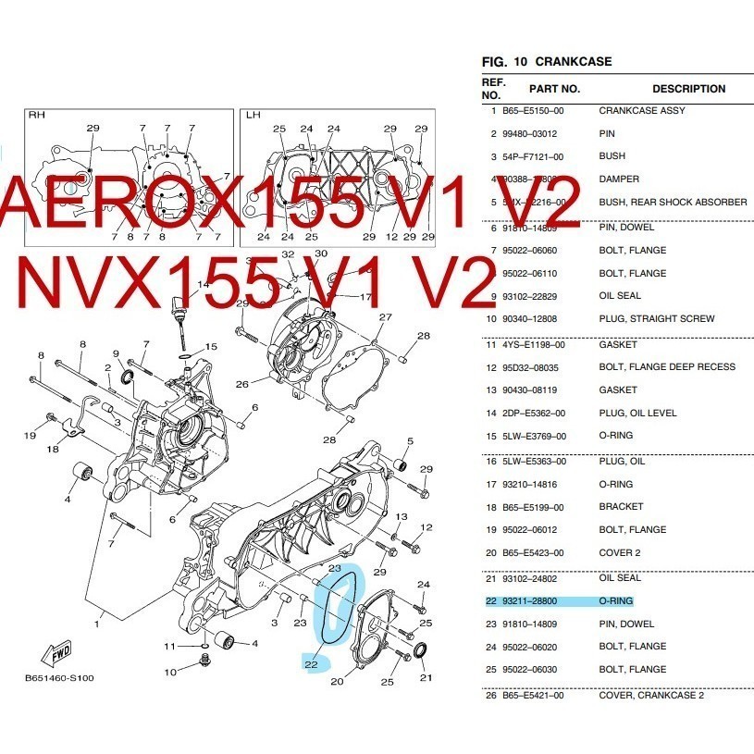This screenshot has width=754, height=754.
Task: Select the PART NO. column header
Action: [x=554, y=89]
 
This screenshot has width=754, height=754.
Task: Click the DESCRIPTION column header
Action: [x=688, y=89]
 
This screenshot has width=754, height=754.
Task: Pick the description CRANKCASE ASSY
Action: [x=642, y=111]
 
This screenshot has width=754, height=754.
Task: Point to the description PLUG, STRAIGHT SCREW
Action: [x=656, y=319]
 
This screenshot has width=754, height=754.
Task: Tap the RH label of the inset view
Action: [x=37, y=116]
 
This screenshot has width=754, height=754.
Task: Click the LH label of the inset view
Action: [x=253, y=116]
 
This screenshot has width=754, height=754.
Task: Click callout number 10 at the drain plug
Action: [x=170, y=672]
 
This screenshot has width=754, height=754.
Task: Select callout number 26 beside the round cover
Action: [x=241, y=385]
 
